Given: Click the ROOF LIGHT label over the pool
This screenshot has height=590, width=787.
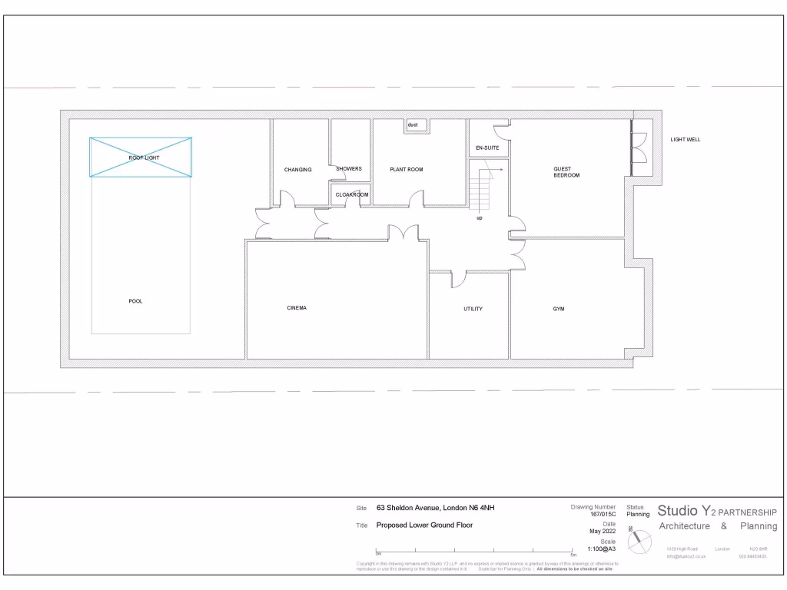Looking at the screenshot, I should click(144, 157).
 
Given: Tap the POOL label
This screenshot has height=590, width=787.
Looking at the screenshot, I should click(135, 301).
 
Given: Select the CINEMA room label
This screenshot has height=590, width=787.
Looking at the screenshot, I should click(297, 308).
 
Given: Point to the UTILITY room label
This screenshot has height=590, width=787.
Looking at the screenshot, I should click(473, 309).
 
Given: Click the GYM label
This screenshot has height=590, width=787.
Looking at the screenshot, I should click(559, 309).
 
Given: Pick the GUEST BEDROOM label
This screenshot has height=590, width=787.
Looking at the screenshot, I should click(566, 172).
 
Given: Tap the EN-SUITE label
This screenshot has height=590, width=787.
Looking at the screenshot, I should click(487, 147).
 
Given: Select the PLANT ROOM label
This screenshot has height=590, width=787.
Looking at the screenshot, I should click(406, 169).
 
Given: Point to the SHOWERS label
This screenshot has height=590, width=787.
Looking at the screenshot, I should click(348, 169).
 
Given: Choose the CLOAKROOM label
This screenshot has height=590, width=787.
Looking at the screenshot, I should click(352, 194).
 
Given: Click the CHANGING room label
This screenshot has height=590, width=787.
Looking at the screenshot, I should click(297, 170).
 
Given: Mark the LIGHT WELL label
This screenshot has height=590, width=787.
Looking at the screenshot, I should click(686, 140).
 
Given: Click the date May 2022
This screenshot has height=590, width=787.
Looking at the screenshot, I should click(602, 531).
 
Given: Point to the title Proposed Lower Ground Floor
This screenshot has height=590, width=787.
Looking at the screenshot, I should click(424, 525).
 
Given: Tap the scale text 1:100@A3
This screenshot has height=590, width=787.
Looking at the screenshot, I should click(602, 549).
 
